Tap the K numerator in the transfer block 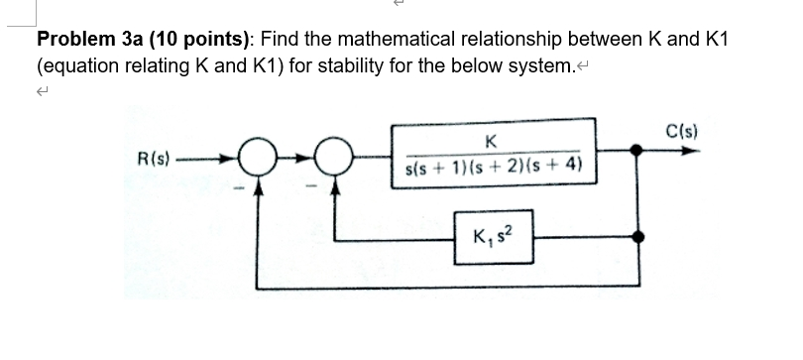[x=493, y=140]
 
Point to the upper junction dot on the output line [x=637, y=152]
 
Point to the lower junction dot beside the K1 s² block [x=639, y=238]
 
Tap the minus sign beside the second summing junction [x=319, y=185]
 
